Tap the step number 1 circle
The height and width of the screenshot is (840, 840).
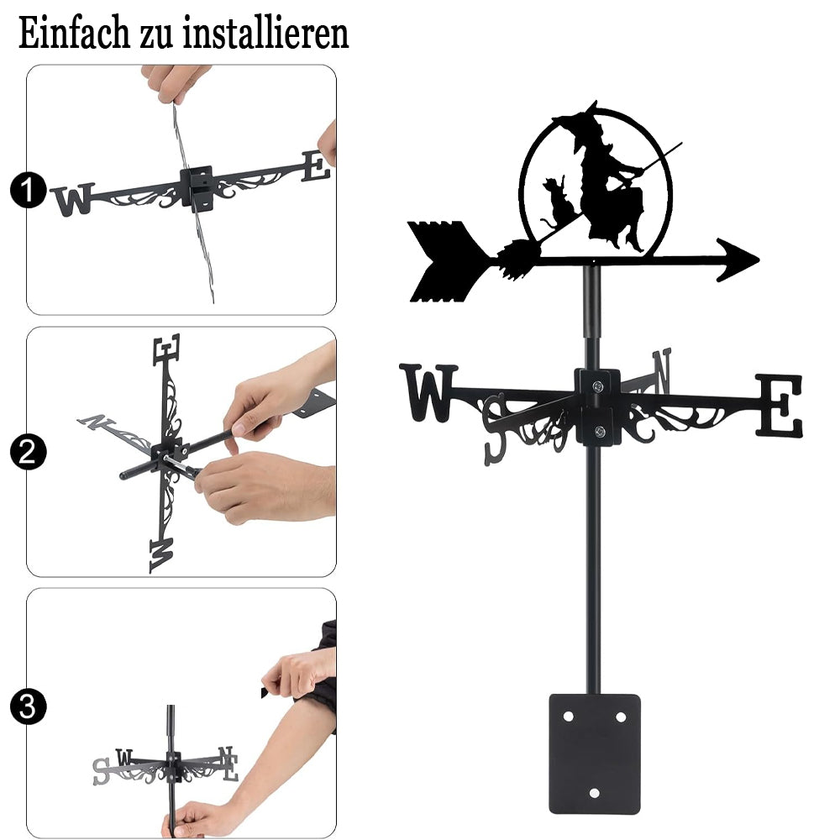pos(28,190)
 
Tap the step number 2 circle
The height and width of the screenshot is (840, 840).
pos(28,452)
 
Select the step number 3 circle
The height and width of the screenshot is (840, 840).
pos(28,706)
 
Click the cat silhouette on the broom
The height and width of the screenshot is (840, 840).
pos(556,201)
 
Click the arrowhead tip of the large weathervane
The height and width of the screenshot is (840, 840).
pos(759,260)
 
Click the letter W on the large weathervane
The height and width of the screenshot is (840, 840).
pos(428,392)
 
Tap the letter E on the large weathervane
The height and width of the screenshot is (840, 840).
pos(780,405)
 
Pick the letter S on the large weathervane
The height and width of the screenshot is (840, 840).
pos(495,428)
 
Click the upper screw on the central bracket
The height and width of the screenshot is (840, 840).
pos(598,386)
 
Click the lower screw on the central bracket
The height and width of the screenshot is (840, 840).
pos(600,431)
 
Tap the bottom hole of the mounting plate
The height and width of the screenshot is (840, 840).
pos(594,793)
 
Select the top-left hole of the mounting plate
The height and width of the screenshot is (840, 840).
pos(568,717)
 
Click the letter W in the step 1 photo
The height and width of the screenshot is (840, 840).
pos(74,199)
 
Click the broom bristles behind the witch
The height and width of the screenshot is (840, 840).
pos(516,260)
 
